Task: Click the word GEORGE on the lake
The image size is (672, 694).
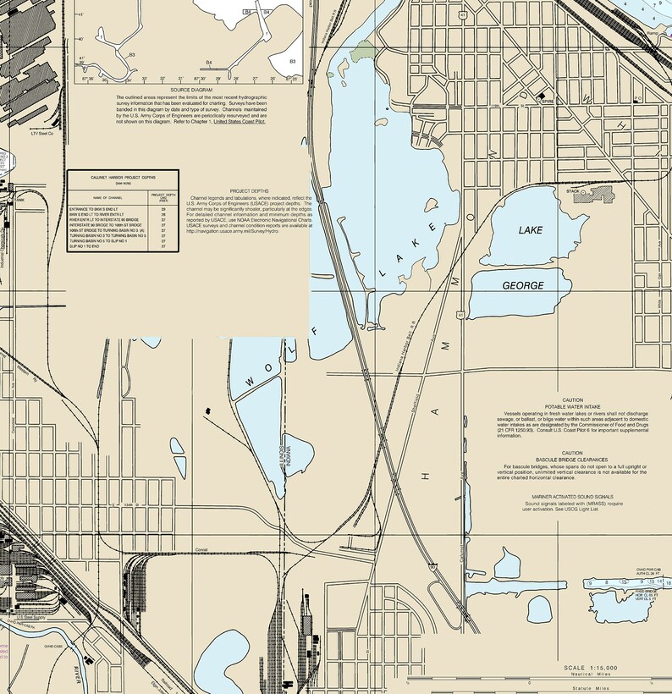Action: tap(523, 286)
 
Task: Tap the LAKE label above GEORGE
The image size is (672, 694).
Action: tap(531, 230)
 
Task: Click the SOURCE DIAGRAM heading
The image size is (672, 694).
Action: tap(190, 89)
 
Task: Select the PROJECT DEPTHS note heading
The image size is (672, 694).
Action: tap(249, 192)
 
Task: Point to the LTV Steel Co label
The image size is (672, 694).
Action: tap(41, 133)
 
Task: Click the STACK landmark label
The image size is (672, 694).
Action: tap(573, 192)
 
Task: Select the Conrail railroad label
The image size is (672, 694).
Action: tap(201, 550)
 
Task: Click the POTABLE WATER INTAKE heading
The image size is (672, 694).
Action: tap(572, 406)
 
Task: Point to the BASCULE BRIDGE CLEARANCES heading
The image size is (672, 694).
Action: tap(572, 459)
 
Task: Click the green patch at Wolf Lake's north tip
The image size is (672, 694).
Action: tap(363, 52)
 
